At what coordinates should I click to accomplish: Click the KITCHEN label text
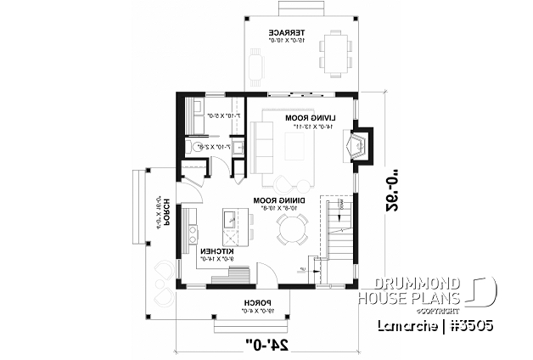[216, 252]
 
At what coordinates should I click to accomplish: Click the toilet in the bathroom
[199, 148]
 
